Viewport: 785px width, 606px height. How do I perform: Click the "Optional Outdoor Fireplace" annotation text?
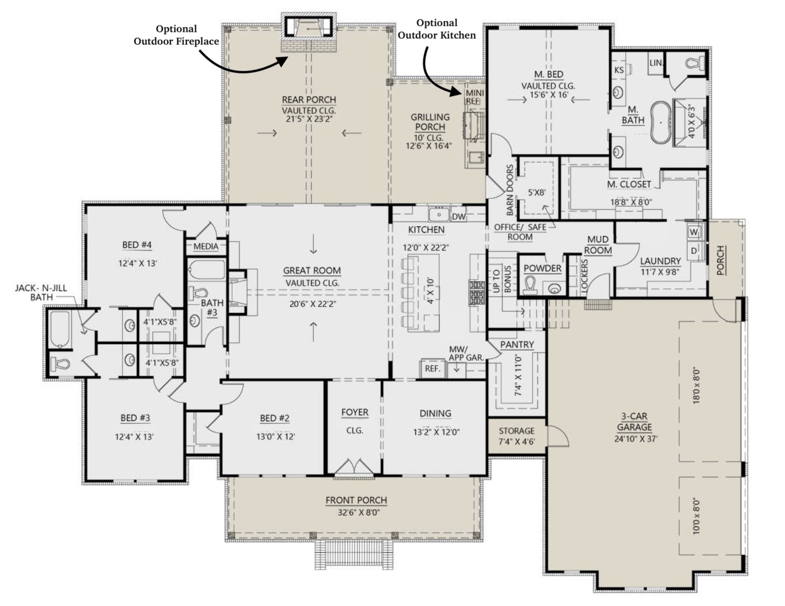176,35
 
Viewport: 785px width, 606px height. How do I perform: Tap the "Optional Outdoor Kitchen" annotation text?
437,29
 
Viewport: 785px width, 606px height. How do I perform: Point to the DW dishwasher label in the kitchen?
459,216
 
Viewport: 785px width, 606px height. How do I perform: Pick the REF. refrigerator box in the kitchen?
432,369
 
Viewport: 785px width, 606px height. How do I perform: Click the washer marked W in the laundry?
694,232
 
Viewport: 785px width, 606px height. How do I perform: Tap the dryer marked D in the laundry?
694,251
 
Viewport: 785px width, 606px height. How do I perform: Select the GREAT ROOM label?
312,270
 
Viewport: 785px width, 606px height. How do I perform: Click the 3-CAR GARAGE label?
634,422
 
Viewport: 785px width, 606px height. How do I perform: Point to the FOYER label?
355,412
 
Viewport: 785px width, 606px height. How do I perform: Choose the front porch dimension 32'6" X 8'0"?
358,513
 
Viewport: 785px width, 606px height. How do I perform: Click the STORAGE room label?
517,431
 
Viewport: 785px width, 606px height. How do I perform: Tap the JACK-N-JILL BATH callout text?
41,293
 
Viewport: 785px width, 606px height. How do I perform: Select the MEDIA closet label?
206,247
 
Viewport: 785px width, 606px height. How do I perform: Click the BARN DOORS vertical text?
510,190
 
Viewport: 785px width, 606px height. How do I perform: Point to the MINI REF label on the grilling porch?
474,97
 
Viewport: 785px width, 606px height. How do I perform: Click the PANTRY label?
517,344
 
